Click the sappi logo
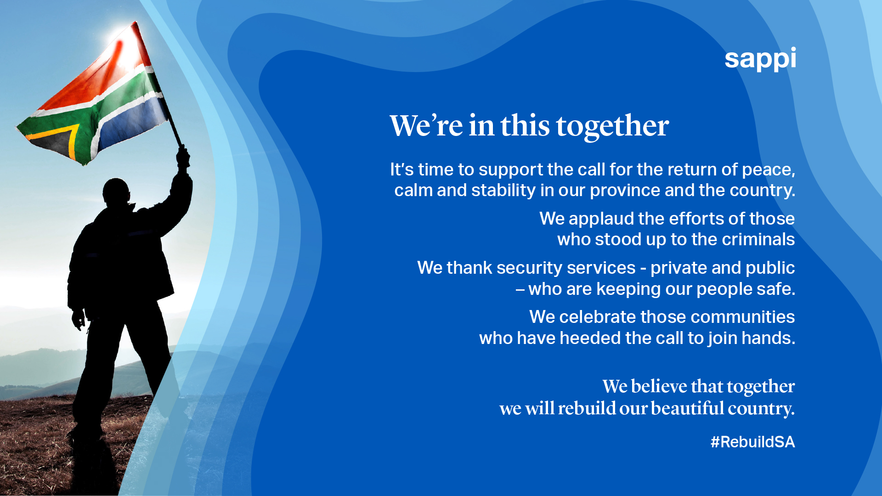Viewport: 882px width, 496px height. [x=760, y=59]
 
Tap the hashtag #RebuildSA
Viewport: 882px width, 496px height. [x=752, y=442]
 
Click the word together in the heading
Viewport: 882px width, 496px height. [x=612, y=126]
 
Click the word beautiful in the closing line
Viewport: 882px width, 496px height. [x=687, y=408]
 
